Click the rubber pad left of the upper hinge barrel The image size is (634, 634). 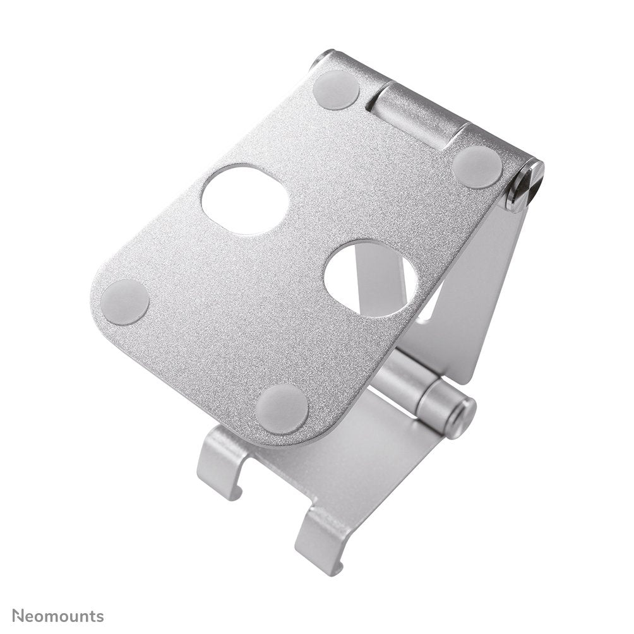(x=336, y=90)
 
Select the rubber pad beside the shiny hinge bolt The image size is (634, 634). (x=477, y=167)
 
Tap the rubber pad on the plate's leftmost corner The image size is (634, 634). (x=124, y=302)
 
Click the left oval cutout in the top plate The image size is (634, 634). (x=245, y=200)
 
